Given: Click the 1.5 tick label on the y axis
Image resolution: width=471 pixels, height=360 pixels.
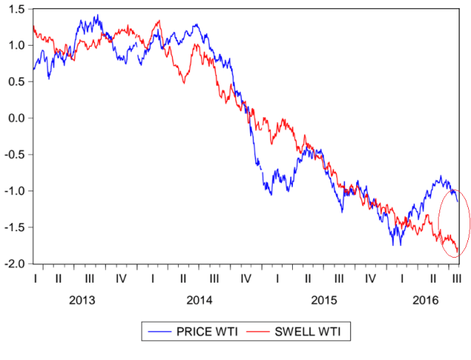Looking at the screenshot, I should point(16,9).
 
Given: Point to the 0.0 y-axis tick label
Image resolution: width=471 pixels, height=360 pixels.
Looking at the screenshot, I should point(16,118).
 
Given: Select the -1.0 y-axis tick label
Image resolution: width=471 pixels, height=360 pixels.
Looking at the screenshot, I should point(15,191).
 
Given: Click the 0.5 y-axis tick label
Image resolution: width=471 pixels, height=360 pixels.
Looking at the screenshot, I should point(16,82).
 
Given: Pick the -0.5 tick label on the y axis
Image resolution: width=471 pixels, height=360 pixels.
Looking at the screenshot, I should point(15,155).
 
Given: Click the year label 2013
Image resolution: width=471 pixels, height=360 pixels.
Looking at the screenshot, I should point(82,300).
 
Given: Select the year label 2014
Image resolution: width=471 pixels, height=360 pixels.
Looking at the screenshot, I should point(199,300).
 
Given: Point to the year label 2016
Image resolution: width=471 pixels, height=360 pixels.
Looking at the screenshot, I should point(425,300).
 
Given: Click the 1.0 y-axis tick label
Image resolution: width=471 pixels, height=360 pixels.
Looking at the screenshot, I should point(16,45).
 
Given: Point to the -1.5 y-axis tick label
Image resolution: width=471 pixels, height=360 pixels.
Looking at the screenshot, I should point(15,227).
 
